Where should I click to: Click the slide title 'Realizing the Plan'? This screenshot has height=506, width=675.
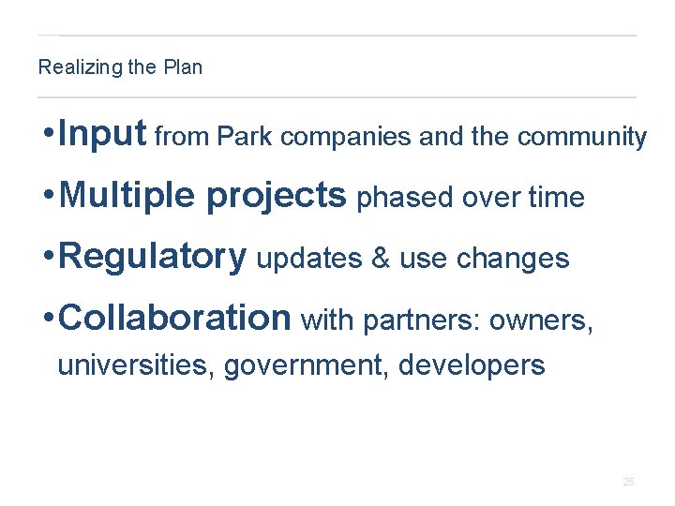click(x=120, y=67)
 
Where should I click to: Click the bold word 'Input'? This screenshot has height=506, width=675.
click(x=101, y=135)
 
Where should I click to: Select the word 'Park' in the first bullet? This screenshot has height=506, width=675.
click(x=246, y=138)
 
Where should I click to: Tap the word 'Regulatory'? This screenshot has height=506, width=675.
click(x=152, y=257)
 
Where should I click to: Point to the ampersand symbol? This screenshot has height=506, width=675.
click(x=381, y=259)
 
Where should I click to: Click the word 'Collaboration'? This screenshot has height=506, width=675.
click(x=174, y=318)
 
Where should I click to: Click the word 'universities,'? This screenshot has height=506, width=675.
click(x=136, y=365)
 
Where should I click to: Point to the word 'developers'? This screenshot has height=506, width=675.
click(x=472, y=365)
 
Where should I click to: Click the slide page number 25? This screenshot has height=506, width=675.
click(x=628, y=482)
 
